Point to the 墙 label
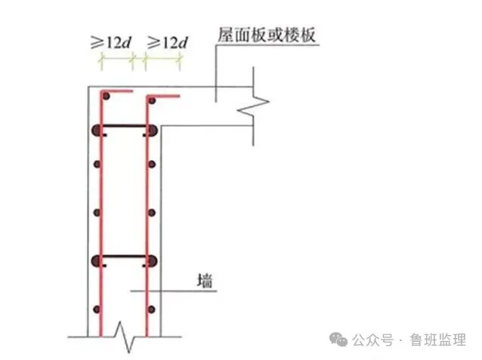pyautogui.click(x=203, y=283)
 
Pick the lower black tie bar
pyautogui.click(x=125, y=260)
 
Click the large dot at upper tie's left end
pyautogui.click(x=96, y=130)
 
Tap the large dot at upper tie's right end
pyautogui.click(x=153, y=130)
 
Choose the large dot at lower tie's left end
pyautogui.click(x=96, y=261)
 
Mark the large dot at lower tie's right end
pyautogui.click(x=153, y=261)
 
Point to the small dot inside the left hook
pyautogui.click(x=107, y=98)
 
